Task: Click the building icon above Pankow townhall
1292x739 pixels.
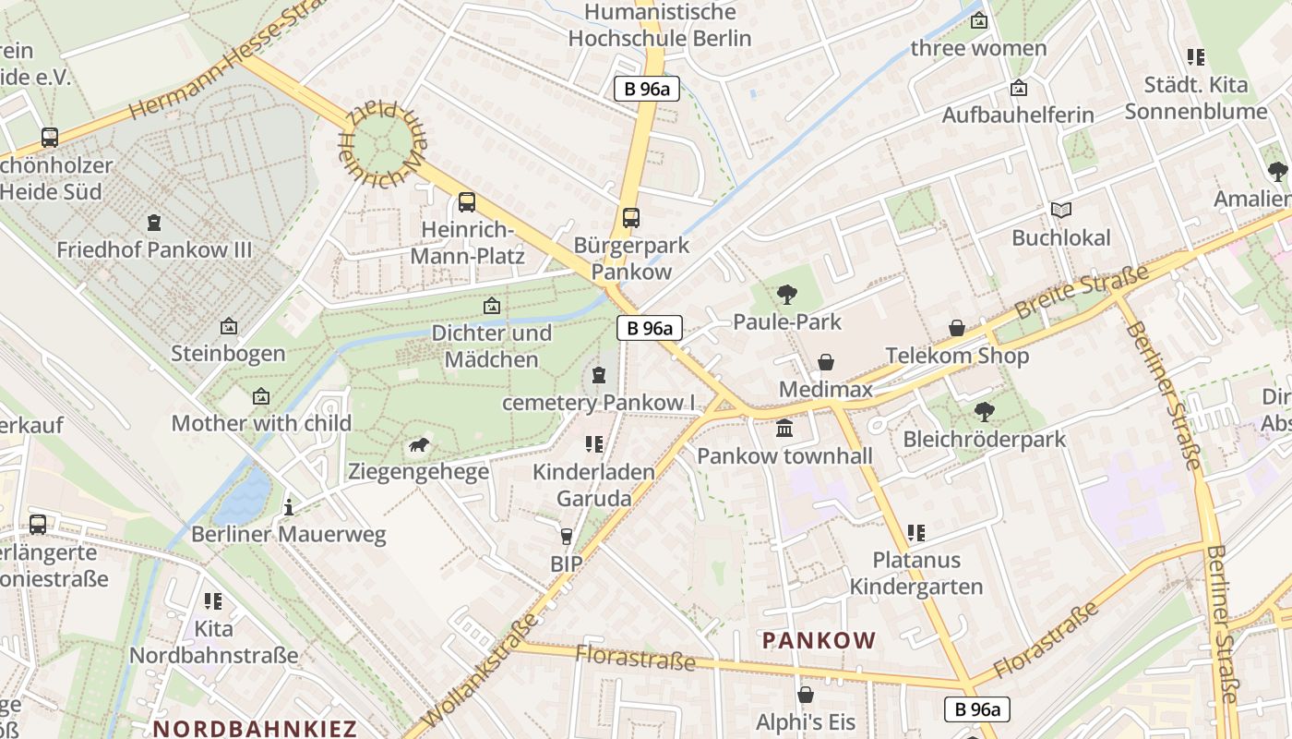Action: point(784,429)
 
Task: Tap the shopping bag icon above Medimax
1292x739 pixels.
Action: point(826,362)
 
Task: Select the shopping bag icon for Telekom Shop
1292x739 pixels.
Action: point(957,328)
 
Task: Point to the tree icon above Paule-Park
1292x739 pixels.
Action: point(787,295)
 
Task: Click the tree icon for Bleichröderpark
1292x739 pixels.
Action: point(984,411)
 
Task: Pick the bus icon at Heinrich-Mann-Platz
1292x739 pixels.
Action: point(467,202)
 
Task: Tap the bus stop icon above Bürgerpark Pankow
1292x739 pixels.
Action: point(631,218)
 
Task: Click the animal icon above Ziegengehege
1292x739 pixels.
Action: point(419,445)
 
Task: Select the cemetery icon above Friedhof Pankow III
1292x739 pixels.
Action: point(154,223)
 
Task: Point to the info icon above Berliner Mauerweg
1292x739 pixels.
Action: point(289,507)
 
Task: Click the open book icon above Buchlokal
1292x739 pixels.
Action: point(1061,211)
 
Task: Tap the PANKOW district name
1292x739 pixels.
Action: point(818,640)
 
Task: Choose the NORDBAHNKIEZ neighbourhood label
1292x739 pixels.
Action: point(255,728)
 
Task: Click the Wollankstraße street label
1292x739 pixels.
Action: point(484,673)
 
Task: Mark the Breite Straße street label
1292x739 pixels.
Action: point(1082,292)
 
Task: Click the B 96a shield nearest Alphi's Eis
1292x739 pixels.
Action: point(977,709)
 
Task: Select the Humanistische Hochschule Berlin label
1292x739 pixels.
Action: point(660,26)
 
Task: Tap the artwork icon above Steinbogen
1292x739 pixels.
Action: point(228,326)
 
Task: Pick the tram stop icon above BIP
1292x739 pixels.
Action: point(567,537)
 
